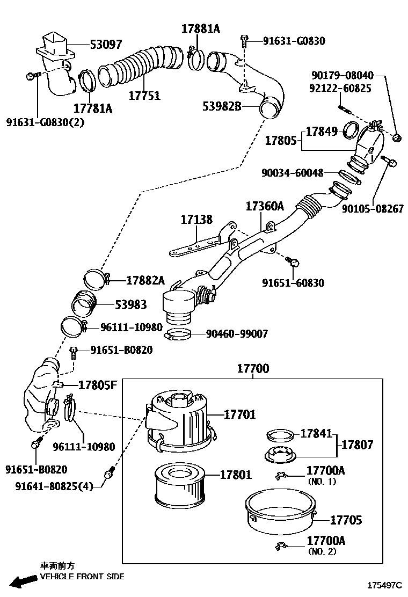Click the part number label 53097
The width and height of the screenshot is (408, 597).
(106, 44)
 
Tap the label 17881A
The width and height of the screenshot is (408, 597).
(200, 29)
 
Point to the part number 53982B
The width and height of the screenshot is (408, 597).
(222, 106)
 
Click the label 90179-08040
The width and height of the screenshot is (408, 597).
(341, 76)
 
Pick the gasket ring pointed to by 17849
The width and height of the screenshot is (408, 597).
(352, 130)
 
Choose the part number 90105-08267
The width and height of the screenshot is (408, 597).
(373, 209)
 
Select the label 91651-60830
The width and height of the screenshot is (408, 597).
(293, 283)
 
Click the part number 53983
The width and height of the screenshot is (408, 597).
(130, 305)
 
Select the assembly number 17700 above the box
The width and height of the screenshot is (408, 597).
(253, 369)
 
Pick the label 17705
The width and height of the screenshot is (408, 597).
(346, 520)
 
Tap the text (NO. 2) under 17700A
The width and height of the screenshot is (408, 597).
(322, 551)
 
